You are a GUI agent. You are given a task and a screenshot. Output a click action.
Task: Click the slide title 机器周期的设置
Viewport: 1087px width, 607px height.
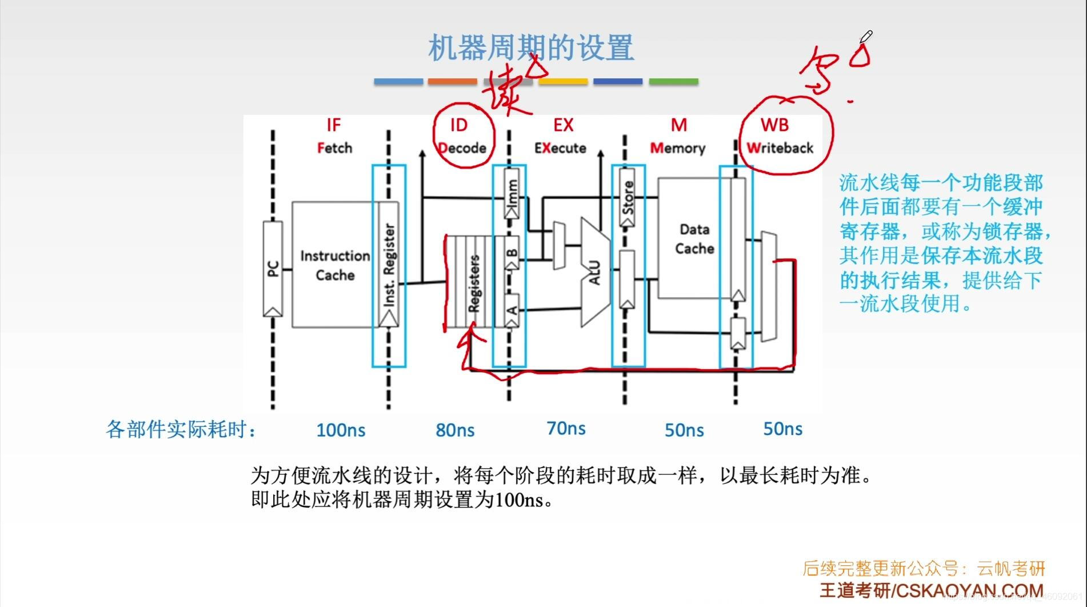pyautogui.click(x=530, y=48)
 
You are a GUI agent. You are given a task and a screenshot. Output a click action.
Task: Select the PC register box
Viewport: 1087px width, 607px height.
pyautogui.click(x=273, y=269)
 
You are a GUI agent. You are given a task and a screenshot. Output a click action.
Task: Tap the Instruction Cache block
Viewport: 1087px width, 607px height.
pyautogui.click(x=334, y=265)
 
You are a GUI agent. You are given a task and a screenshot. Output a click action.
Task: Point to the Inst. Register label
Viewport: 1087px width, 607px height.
pyautogui.click(x=389, y=264)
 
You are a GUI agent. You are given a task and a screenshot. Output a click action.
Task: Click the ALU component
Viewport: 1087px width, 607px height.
pyautogui.click(x=594, y=273)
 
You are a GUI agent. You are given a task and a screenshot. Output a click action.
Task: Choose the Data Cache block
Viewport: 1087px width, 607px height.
pyautogui.click(x=694, y=239)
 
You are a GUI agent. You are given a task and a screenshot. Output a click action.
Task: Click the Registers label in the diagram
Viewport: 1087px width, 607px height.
pyautogui.click(x=474, y=283)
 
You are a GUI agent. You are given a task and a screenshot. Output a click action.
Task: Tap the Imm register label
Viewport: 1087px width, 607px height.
pyautogui.click(x=513, y=193)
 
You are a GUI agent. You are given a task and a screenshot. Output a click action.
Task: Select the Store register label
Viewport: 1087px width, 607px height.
pyautogui.click(x=628, y=197)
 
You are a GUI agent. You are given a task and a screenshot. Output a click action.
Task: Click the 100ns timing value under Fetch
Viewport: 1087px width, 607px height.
pyautogui.click(x=341, y=430)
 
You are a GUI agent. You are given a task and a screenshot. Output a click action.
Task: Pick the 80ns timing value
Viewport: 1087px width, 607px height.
pyautogui.click(x=455, y=430)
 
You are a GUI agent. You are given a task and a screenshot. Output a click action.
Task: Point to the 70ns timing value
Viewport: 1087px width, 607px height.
pyautogui.click(x=566, y=429)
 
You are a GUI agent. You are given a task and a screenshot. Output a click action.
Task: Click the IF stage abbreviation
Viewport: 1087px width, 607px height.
pyautogui.click(x=333, y=125)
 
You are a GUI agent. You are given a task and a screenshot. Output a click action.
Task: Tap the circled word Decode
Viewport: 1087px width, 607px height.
pyautogui.click(x=462, y=148)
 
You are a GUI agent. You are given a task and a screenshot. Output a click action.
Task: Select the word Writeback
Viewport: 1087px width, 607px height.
pyautogui.click(x=780, y=148)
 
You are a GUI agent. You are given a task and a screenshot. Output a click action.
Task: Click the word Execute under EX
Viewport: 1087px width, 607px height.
pyautogui.click(x=560, y=148)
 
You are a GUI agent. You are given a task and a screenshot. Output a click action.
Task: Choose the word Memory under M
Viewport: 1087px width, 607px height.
pyautogui.click(x=678, y=148)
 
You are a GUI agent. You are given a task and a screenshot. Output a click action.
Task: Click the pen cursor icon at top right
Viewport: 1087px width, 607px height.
pyautogui.click(x=866, y=37)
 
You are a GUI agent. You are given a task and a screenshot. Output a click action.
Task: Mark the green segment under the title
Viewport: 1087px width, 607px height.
pyautogui.click(x=673, y=82)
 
